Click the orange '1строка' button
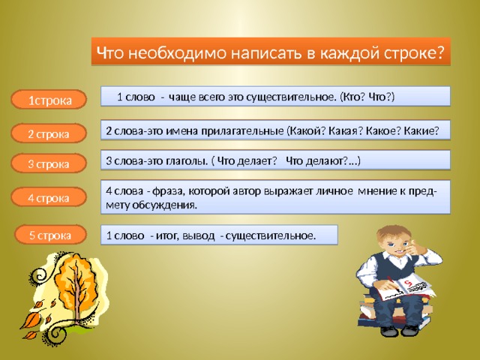49,100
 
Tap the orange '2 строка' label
49,133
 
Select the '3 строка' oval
49,163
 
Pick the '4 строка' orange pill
49,197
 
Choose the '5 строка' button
50,235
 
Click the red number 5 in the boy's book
408,283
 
